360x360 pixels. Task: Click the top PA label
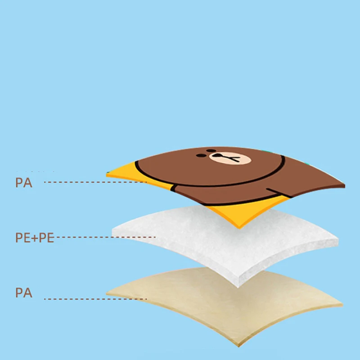click(24, 183)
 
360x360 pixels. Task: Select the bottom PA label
click(24, 293)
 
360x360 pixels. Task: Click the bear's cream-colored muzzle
click(224, 157)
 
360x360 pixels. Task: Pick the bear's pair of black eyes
click(220, 150)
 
